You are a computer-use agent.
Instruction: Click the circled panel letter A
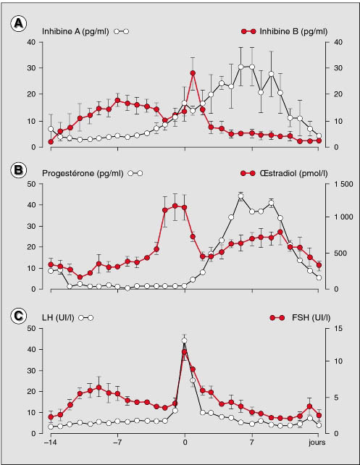[x=18, y=23]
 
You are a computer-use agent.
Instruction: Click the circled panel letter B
[x=18, y=170]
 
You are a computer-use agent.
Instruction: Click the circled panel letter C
[x=18, y=316]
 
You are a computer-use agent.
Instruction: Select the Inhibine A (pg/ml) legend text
[x=75, y=31]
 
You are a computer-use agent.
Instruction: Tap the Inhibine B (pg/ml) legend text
[x=293, y=31]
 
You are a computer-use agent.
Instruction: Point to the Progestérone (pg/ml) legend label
[x=83, y=174]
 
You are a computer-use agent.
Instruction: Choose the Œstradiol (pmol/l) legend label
[x=293, y=174]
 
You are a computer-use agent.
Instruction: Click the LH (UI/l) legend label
[x=58, y=318]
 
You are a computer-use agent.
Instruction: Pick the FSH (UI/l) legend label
[x=311, y=318]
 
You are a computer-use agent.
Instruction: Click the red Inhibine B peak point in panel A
[x=193, y=73]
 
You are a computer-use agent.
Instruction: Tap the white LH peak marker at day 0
[x=185, y=340]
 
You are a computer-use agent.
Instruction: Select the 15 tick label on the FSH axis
[x=338, y=329]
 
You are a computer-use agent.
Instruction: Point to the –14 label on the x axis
[x=51, y=443]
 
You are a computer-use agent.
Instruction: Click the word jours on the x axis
[x=317, y=443]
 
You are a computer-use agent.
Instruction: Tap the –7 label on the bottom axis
[x=118, y=443]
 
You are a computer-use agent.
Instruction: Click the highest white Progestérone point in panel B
[x=240, y=196]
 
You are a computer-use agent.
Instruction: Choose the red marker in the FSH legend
[x=277, y=318]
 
